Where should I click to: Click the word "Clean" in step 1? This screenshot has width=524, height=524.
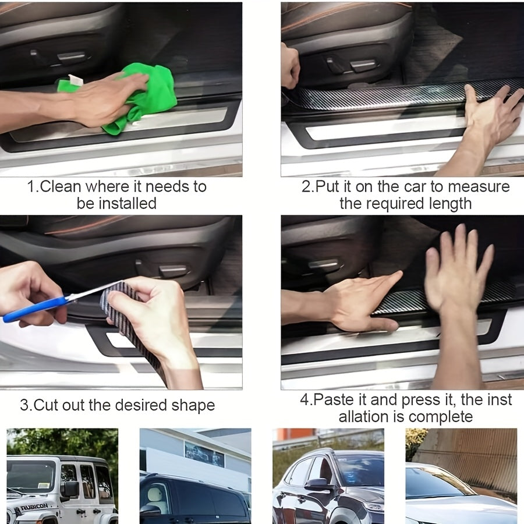(x=61, y=187)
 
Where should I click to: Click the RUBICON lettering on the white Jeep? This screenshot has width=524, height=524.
(x=34, y=507)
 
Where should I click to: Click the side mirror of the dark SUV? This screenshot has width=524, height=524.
(x=317, y=484)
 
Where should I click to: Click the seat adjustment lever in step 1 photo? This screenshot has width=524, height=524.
(x=71, y=56)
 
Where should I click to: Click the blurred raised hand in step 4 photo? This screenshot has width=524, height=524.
(x=458, y=267)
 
